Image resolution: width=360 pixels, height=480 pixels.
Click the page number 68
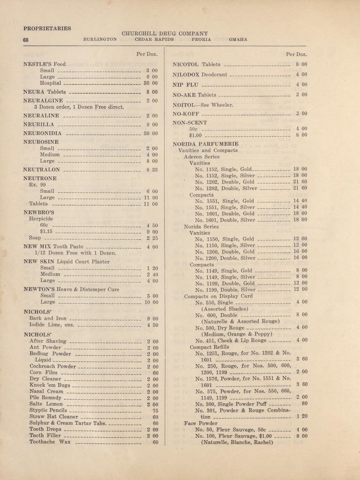tap(26, 40)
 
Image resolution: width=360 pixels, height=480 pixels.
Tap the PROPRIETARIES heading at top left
tap(47, 28)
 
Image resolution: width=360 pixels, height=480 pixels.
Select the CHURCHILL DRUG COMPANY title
tap(165, 34)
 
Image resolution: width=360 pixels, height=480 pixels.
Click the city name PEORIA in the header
tap(201, 39)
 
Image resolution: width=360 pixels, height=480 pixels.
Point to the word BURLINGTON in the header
tap(100, 39)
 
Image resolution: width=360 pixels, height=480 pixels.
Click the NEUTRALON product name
tap(41, 170)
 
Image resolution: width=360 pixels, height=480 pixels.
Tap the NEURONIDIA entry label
tap(42, 133)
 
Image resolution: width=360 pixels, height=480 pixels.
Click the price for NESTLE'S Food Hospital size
tap(151, 83)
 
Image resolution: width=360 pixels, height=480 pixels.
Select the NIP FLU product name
tap(186, 85)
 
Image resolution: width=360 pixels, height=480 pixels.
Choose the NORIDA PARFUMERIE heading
tap(206, 144)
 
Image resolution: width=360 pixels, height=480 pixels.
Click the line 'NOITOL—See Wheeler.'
tap(203, 105)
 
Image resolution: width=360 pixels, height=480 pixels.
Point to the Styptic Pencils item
tap(48, 410)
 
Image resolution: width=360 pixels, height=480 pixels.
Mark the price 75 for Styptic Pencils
tap(155, 410)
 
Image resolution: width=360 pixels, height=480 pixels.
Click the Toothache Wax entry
tap(50, 442)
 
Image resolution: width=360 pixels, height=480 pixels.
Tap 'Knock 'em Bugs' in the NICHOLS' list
tap(50, 385)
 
